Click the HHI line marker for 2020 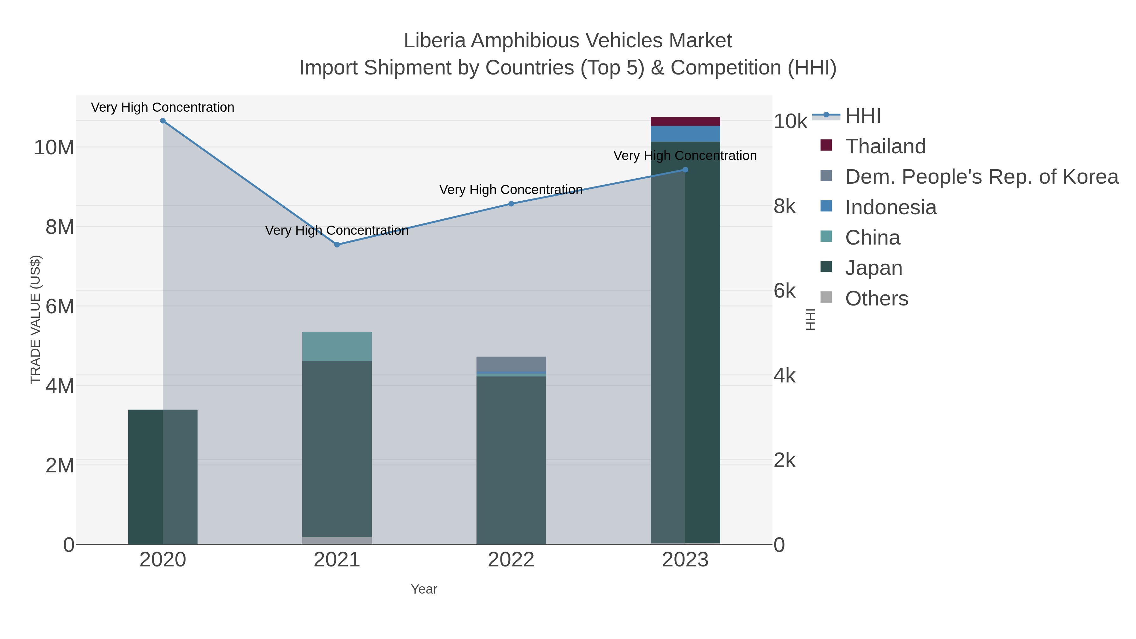click(x=163, y=121)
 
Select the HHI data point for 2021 click(x=337, y=245)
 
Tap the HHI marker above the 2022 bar click(x=511, y=204)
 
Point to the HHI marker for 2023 click(x=685, y=170)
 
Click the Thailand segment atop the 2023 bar click(x=685, y=122)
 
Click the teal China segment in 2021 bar click(x=337, y=346)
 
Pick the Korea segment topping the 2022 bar click(x=511, y=364)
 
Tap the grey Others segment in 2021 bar click(x=337, y=541)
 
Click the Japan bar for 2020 click(x=163, y=476)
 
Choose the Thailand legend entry click(x=885, y=146)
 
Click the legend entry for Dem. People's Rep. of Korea click(x=981, y=177)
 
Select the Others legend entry click(x=876, y=299)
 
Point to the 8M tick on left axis click(x=60, y=227)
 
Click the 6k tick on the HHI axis click(x=784, y=291)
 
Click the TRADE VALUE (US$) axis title click(x=35, y=319)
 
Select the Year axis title click(x=424, y=589)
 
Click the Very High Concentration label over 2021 click(x=337, y=230)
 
